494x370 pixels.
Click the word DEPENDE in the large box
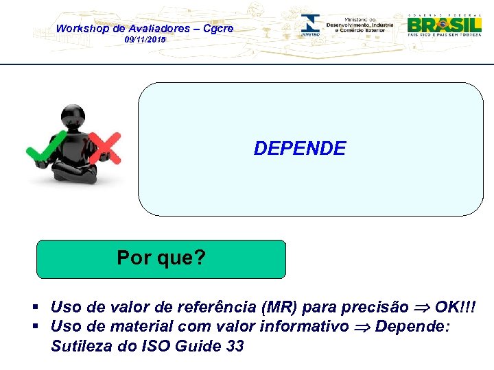click(x=300, y=148)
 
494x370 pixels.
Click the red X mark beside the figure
click(x=105, y=147)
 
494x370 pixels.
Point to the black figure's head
click(x=73, y=117)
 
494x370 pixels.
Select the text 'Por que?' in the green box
click(x=161, y=258)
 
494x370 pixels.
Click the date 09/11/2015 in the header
click(x=145, y=40)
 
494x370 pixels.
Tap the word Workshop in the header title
click(x=81, y=28)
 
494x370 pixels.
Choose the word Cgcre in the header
click(x=217, y=28)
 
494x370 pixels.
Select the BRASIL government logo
click(x=444, y=25)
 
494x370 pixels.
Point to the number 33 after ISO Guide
click(x=234, y=346)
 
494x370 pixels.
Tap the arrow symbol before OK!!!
click(x=421, y=307)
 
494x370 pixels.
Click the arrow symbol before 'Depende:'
click(x=362, y=327)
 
